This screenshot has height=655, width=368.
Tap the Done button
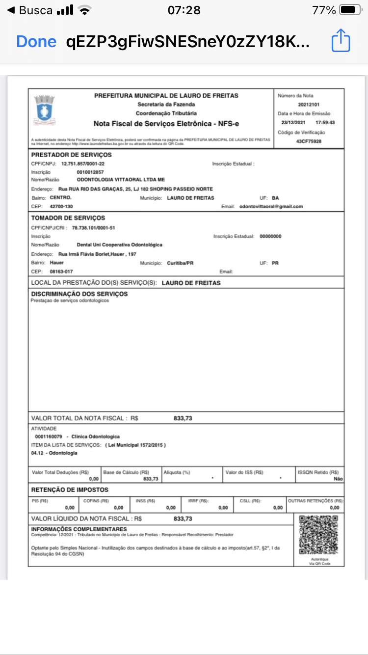(x=36, y=42)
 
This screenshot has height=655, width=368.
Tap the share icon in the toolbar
(x=341, y=41)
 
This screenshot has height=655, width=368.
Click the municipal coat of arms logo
(x=44, y=109)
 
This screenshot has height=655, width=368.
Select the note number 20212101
(x=309, y=105)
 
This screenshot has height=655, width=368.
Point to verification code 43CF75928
(x=309, y=141)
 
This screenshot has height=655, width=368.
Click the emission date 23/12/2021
(x=293, y=123)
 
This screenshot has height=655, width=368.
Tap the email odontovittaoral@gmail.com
(x=271, y=206)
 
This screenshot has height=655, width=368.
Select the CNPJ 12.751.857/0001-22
(x=83, y=164)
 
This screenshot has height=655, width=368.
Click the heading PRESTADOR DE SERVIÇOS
(x=72, y=155)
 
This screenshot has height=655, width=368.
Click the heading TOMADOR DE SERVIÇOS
(x=68, y=218)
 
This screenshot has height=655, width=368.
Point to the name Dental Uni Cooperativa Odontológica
(x=120, y=245)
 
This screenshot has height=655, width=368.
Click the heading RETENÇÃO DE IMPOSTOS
(x=70, y=490)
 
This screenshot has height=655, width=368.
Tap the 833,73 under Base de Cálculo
(x=151, y=479)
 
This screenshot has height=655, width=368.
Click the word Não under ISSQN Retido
(x=338, y=479)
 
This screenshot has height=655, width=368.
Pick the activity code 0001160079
(x=49, y=437)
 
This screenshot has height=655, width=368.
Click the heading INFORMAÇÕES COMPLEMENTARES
(x=79, y=529)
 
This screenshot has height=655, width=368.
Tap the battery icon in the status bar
(x=350, y=10)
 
